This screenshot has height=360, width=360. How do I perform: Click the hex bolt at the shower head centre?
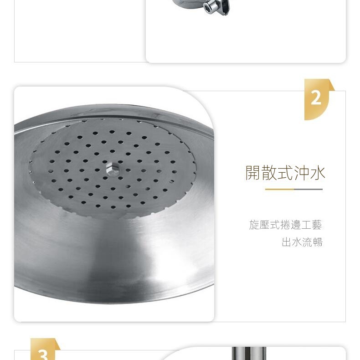(113, 170)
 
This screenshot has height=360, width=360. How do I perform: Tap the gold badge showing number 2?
(319, 99)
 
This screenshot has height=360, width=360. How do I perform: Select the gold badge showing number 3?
(45, 349)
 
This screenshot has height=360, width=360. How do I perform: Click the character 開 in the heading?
(253, 173)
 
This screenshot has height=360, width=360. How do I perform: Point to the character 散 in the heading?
(269, 173)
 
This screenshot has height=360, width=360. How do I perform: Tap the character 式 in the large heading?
(285, 173)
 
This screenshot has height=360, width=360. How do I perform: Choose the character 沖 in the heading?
(302, 173)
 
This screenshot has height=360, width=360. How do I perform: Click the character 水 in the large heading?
(318, 173)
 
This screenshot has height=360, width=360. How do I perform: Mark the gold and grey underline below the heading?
(294, 189)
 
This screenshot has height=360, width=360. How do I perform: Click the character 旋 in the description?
(254, 225)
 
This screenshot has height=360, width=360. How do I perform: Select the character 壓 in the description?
(264, 225)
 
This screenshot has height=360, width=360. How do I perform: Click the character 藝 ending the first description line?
(317, 225)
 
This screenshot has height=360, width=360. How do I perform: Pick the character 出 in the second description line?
(287, 242)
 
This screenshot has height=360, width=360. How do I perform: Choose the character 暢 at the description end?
(318, 242)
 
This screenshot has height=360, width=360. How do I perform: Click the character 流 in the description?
(308, 242)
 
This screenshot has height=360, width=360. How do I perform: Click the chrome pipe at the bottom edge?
(249, 353)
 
